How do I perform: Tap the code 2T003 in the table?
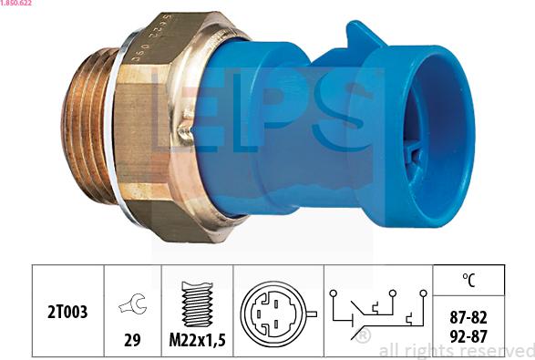(68, 312)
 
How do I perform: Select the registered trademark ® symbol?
(363, 338)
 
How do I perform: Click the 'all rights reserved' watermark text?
(456, 350)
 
